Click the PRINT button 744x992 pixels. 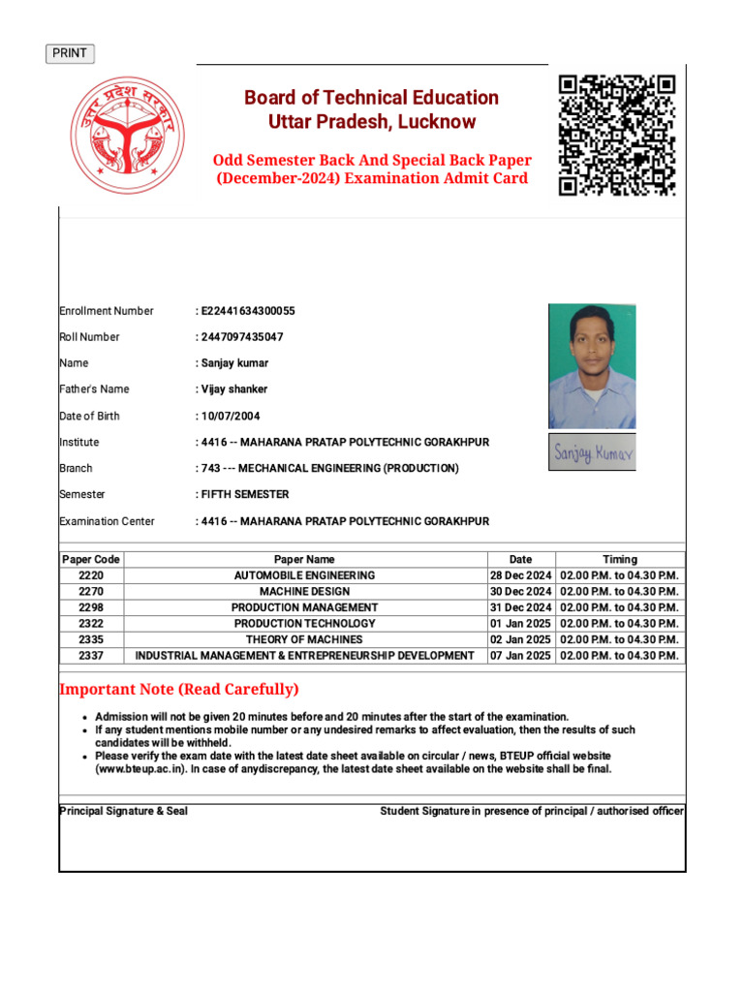70,53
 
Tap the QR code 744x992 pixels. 616,136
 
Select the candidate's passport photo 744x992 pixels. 592,366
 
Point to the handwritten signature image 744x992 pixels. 592,452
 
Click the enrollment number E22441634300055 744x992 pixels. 247,311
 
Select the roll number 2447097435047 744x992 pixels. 242,337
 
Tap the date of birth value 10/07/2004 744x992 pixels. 231,416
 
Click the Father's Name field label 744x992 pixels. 94,389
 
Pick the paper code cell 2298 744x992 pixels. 91,607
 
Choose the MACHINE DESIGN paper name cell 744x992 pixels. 304,591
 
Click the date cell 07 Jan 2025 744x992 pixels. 520,656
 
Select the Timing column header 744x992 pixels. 620,559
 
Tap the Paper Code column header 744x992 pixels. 91,559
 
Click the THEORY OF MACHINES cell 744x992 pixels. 304,639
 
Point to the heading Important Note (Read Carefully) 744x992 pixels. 179,690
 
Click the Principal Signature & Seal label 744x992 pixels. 123,811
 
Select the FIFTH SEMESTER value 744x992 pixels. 244,494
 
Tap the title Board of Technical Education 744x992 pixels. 371,98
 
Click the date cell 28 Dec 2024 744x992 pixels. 520,575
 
